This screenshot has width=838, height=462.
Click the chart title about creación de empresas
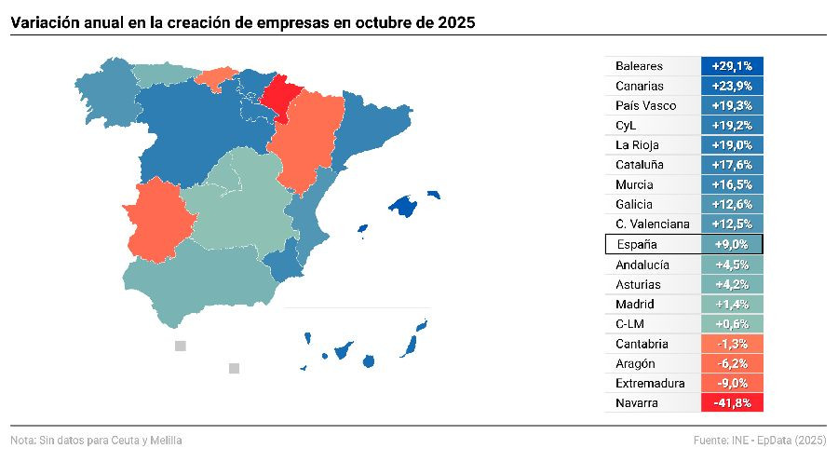pyautogui.click(x=243, y=20)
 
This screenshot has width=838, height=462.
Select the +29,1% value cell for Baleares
pyautogui.click(x=732, y=66)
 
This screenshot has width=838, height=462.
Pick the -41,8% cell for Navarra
pyautogui.click(x=732, y=402)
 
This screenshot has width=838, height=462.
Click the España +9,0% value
pyautogui.click(x=732, y=244)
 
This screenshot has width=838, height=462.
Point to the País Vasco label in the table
pyautogui.click(x=645, y=105)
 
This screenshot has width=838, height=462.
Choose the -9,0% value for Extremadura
pyautogui.click(x=732, y=383)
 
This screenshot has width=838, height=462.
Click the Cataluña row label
pyautogui.click(x=641, y=165)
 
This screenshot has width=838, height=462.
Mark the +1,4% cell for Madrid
pyautogui.click(x=732, y=304)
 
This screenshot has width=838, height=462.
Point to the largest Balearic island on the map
pyautogui.click(x=403, y=205)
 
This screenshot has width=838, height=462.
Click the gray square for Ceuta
pyautogui.click(x=181, y=346)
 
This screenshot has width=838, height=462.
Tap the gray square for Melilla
pyautogui.click(x=235, y=368)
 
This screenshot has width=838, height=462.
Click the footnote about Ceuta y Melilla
pyautogui.click(x=97, y=440)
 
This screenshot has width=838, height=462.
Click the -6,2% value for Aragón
pyautogui.click(x=732, y=363)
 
